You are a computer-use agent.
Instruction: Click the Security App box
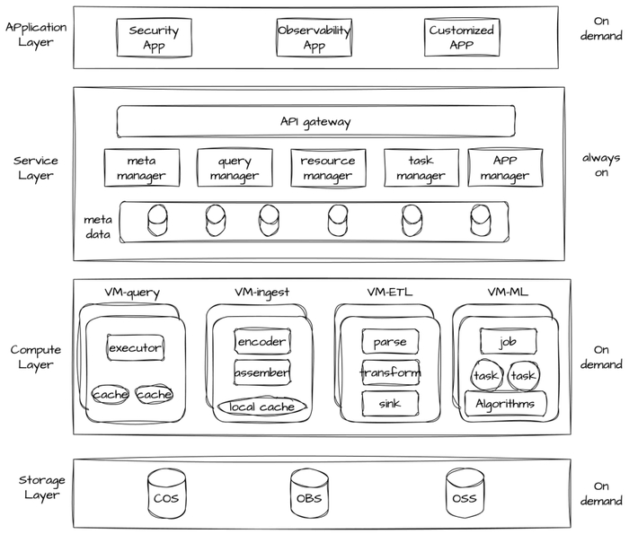pyautogui.click(x=154, y=38)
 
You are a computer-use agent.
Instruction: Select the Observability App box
pyautogui.click(x=314, y=38)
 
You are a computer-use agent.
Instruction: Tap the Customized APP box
pyautogui.click(x=462, y=38)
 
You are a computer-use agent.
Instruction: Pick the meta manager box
pyautogui.click(x=141, y=168)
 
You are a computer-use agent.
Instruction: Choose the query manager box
pyautogui.click(x=235, y=168)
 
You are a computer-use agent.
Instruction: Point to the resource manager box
pyautogui.click(x=328, y=168)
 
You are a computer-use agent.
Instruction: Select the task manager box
pyautogui.click(x=421, y=168)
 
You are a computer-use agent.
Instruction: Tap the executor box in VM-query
pyautogui.click(x=135, y=347)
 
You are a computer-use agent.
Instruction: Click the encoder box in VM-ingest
pyautogui.click(x=261, y=342)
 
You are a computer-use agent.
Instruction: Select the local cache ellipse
pyautogui.click(x=261, y=407)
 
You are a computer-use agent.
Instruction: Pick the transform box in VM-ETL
pyautogui.click(x=390, y=372)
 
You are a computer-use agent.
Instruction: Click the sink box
pyautogui.click(x=390, y=403)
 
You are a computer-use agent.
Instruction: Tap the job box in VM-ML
pyautogui.click(x=508, y=341)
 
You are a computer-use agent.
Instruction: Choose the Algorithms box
pyautogui.click(x=505, y=404)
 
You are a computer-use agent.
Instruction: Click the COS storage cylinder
pyautogui.click(x=165, y=495)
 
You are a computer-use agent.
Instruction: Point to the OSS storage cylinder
pyautogui.click(x=464, y=495)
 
